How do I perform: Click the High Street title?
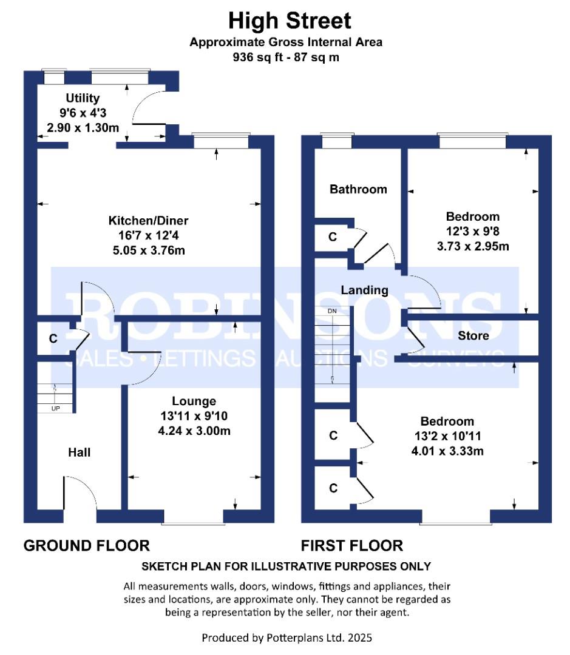tap(290, 21)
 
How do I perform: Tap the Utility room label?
tap(83, 98)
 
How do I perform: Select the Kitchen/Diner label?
tap(149, 221)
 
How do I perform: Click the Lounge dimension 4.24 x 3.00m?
tap(194, 431)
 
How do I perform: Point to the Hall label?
tap(80, 452)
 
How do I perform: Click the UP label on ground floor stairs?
tap(56, 409)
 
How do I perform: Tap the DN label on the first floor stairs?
tap(332, 311)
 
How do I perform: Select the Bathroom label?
tap(358, 189)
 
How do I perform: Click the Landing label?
tap(365, 290)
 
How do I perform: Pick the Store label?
tap(473, 335)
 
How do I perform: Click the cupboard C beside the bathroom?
tap(333, 237)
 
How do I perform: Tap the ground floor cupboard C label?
tap(53, 338)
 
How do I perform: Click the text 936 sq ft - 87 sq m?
tap(286, 57)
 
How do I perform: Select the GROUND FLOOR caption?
tap(87, 546)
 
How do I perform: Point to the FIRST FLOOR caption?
tap(352, 546)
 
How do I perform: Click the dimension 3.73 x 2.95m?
tap(473, 246)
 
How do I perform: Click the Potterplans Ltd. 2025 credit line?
tap(287, 638)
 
